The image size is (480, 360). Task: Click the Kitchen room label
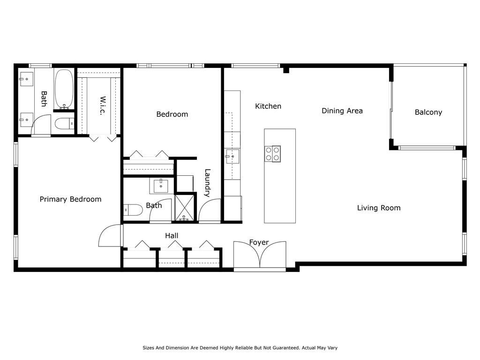coord(268,106)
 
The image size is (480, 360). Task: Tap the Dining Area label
coord(342,111)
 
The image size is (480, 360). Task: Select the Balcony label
coord(428,112)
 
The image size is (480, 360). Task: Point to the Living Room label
coord(379,208)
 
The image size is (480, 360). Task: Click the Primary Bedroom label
coord(70,199)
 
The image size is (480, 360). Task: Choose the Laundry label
coord(207,183)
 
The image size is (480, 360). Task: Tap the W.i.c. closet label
coord(103,105)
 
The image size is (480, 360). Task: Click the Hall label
coord(172,236)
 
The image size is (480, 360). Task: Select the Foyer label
coord(259,242)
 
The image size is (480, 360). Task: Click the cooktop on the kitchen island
coord(272,154)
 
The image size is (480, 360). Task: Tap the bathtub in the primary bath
coord(64,89)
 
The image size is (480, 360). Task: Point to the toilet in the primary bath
coord(64,124)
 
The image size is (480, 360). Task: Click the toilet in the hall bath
coord(133,210)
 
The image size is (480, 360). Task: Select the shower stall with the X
coord(185,208)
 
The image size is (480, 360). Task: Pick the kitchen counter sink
coord(232,157)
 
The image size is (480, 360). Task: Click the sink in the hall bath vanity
coord(161,186)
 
